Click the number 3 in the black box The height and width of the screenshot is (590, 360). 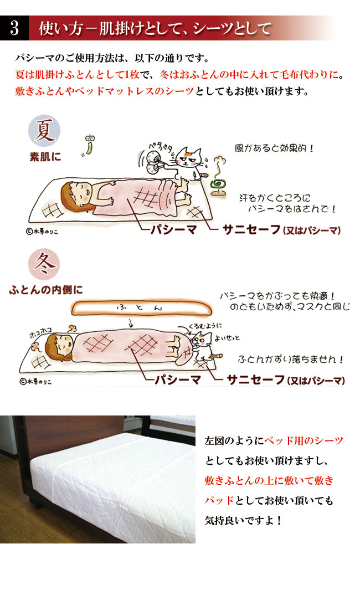click(14, 28)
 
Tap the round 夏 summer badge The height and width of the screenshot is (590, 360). click(44, 131)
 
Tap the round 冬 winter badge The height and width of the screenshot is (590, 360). click(44, 264)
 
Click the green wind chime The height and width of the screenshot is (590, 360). click(89, 145)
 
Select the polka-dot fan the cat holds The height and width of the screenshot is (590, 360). click(155, 160)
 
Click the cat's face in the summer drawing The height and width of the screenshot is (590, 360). click(189, 158)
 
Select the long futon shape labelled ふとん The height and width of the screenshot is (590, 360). click(141, 307)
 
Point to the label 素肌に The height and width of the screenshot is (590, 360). click(45, 157)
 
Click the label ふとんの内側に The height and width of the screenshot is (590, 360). click(46, 290)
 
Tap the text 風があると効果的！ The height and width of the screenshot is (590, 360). click(274, 148)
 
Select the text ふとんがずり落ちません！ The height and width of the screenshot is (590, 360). click(291, 360)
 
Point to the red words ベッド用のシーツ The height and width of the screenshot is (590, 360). click(304, 440)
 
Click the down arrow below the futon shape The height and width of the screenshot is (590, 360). click(131, 323)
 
